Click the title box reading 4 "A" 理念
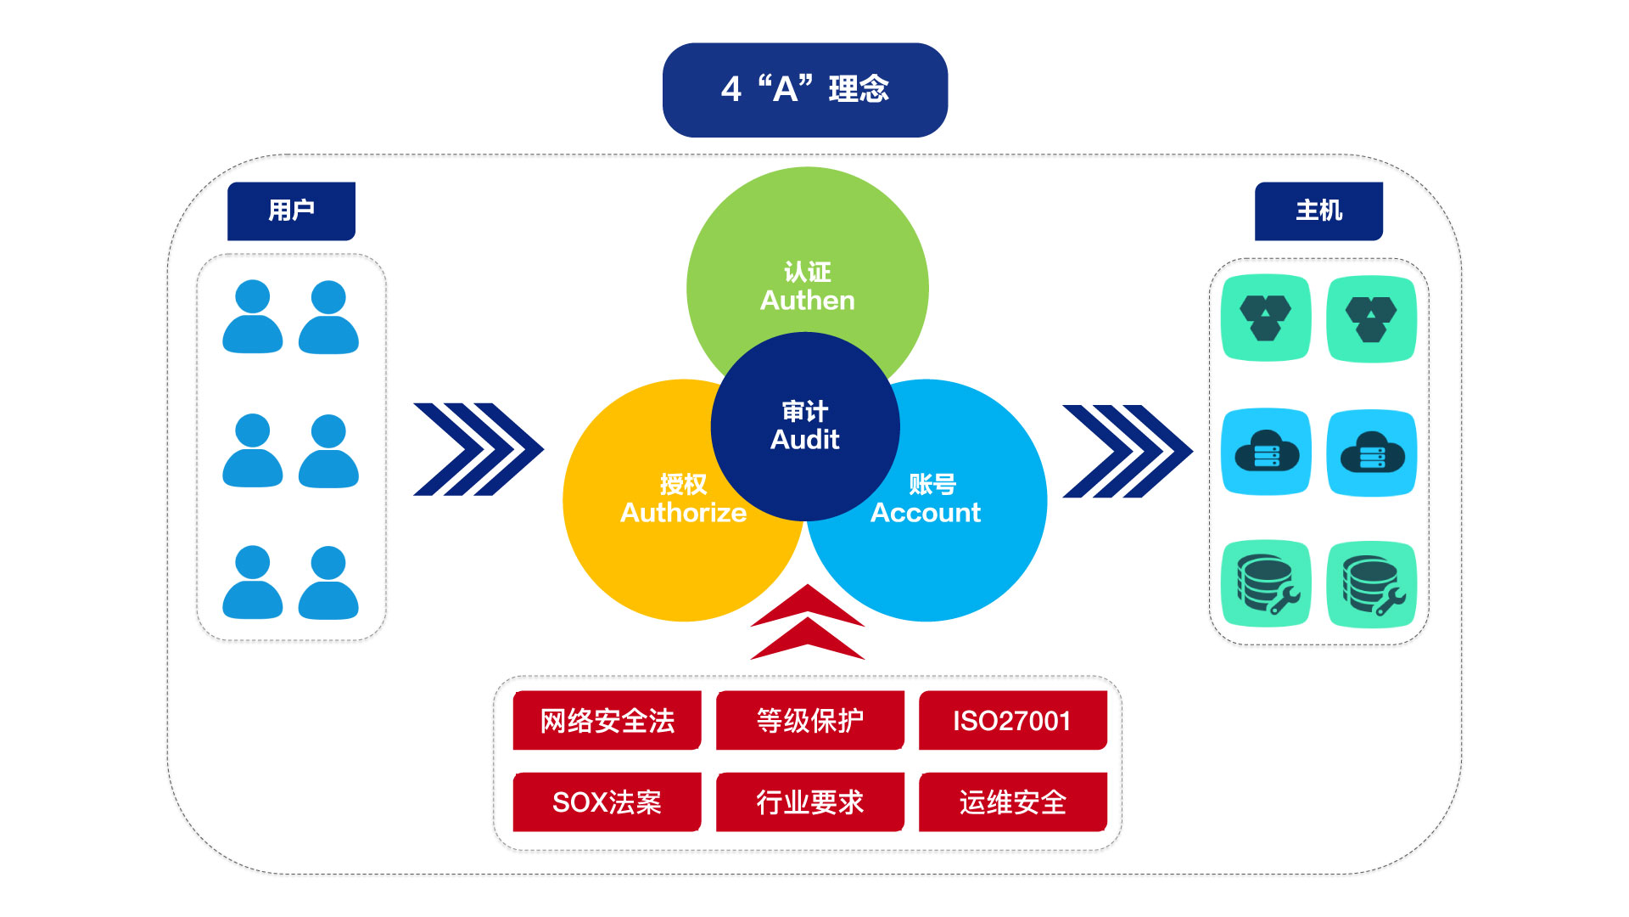point(804,90)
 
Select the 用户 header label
point(291,211)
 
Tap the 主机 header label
point(1318,211)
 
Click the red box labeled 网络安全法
point(607,721)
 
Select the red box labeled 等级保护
point(809,721)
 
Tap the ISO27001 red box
point(1012,721)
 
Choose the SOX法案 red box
point(607,802)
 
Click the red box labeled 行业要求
point(809,802)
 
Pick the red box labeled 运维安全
point(1012,802)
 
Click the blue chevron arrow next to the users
point(478,449)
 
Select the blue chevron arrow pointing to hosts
point(1127,451)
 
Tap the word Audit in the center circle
point(804,440)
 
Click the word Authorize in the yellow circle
point(683,513)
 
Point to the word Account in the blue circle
point(926,513)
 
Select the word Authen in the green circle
point(807,301)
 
